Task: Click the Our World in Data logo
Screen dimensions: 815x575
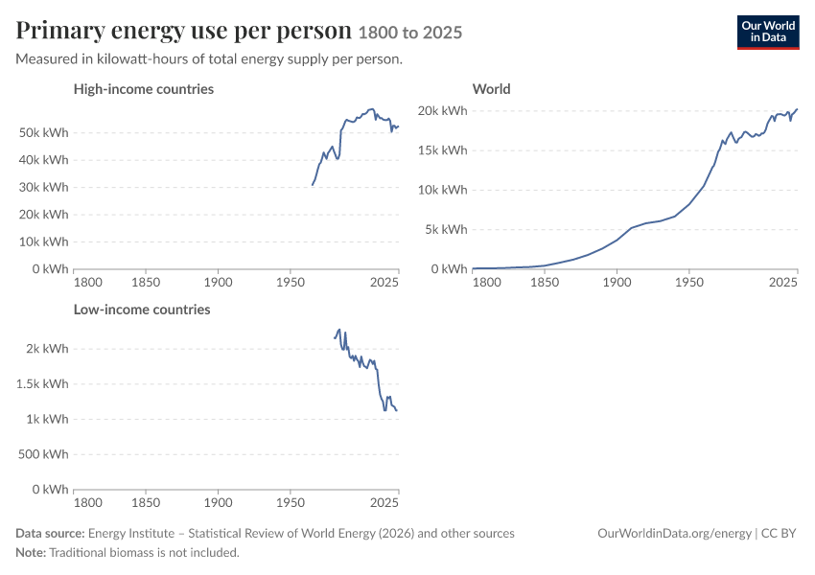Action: point(768,33)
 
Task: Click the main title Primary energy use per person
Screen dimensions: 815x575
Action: point(183,31)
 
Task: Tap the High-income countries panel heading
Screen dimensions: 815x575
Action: point(144,89)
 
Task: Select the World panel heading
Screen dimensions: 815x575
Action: point(491,89)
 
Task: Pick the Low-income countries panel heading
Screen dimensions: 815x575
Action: point(142,310)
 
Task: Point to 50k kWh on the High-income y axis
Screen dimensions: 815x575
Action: point(44,133)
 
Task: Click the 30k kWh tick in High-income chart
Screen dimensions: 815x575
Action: point(44,188)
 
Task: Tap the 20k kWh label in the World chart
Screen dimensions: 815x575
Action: point(442,111)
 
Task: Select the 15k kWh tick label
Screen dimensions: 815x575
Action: point(442,150)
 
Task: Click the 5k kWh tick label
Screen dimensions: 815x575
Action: point(446,230)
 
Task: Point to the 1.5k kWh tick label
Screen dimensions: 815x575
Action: point(42,384)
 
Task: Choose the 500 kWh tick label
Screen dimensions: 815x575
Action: point(43,454)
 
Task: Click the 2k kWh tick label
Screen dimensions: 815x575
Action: point(47,349)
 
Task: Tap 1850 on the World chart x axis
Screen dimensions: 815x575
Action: point(545,283)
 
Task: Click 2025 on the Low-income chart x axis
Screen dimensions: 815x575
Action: point(384,503)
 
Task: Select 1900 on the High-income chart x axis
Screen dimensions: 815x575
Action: point(218,283)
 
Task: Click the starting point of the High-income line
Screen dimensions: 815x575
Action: point(313,185)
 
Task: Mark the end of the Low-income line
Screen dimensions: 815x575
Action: point(397,411)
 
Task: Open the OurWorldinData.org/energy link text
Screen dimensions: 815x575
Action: point(674,534)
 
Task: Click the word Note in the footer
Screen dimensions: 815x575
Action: point(31,553)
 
